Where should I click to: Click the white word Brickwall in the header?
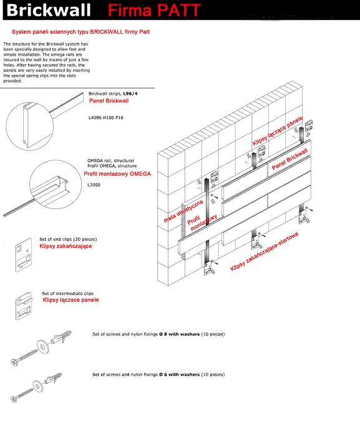click(49, 10)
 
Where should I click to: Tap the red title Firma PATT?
click(154, 10)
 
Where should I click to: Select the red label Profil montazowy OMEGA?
click(117, 174)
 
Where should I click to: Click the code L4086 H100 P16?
click(106, 118)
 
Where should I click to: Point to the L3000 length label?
click(94, 185)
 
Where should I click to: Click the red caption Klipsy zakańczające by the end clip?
click(66, 246)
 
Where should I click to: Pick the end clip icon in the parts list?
click(24, 255)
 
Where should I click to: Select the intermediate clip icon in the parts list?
click(24, 306)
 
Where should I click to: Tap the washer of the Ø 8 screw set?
click(42, 347)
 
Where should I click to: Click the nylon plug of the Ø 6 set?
click(53, 379)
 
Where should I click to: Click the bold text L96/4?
click(130, 94)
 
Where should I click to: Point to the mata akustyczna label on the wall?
click(183, 211)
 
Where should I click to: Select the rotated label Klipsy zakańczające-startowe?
click(265, 251)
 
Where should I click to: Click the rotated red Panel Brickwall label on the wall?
click(289, 159)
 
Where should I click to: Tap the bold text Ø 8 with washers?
click(179, 334)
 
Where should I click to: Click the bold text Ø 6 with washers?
click(179, 375)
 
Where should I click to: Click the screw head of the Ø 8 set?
click(14, 362)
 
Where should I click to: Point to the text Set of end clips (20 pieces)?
click(68, 240)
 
